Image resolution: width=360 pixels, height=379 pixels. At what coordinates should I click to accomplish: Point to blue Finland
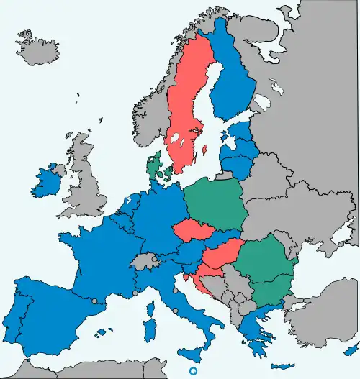tap(234, 79)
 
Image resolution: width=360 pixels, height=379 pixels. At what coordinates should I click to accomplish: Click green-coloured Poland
tap(216, 205)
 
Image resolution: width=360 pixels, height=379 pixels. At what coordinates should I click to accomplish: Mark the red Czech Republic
tap(191, 231)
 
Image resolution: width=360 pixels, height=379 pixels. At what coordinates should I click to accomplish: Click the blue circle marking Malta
tap(192, 371)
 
